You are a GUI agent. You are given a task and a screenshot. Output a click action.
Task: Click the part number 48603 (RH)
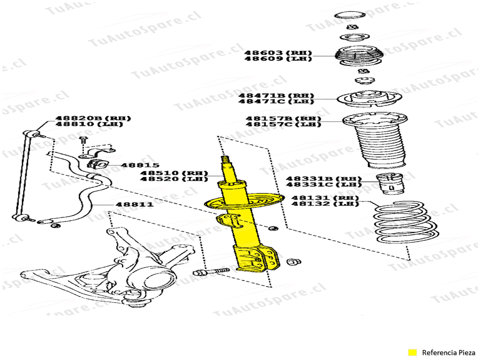pos(277,52)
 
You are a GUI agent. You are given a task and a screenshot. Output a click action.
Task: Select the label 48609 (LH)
pos(277,58)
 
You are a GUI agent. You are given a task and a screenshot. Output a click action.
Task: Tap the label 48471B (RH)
pos(276,95)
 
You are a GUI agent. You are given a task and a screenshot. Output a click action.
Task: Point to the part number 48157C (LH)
pos(283,124)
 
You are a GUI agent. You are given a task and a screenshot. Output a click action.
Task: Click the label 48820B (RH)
pos(93,118)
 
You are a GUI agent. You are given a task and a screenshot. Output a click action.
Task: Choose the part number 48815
pos(140,165)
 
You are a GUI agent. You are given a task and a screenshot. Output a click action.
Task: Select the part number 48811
pos(134,204)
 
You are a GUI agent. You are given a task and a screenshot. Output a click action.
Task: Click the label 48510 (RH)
pos(174,173)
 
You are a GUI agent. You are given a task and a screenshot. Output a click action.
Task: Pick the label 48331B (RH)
pos(324,178)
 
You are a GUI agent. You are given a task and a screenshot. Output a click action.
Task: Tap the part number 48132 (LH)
pos(325,204)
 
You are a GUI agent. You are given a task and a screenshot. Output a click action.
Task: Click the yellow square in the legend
pos(412,352)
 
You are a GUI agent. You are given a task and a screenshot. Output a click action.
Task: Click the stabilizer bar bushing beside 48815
pos(96,164)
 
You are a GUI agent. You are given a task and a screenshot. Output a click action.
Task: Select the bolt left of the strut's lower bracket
pos(211,272)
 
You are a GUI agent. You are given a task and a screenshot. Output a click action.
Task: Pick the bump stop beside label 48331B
pos(390,184)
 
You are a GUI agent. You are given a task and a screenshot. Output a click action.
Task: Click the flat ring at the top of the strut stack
pos(349,15)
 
